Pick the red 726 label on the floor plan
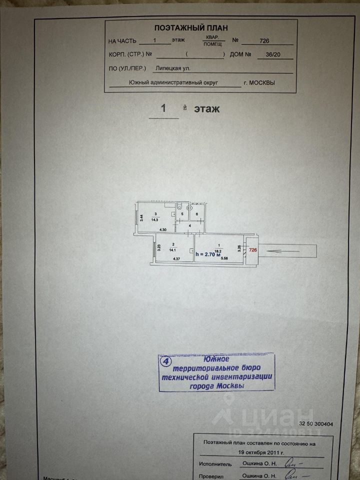(x=253, y=250)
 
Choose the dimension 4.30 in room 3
(x=162, y=229)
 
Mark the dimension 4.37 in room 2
(x=175, y=259)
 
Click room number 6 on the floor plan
(x=197, y=214)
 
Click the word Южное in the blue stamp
(x=216, y=359)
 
